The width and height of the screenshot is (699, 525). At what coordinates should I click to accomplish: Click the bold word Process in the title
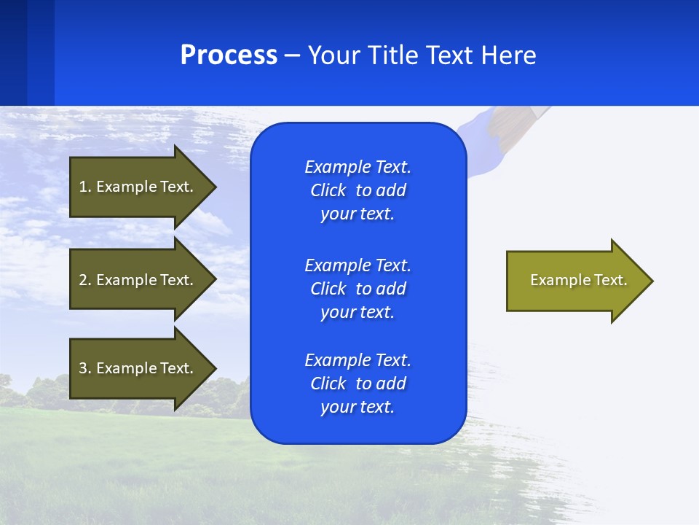click(229, 55)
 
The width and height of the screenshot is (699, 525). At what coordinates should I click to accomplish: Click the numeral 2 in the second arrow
click(82, 280)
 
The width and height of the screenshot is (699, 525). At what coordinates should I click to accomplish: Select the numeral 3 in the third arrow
click(82, 368)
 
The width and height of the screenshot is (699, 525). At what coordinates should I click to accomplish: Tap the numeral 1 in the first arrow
click(82, 187)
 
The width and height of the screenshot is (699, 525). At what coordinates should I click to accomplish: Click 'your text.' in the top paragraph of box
click(358, 214)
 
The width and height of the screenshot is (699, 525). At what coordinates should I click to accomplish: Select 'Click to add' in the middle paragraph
click(358, 289)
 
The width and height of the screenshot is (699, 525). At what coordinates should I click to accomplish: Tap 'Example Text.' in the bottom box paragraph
click(358, 360)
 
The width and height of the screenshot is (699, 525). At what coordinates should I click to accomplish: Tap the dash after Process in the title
click(292, 55)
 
